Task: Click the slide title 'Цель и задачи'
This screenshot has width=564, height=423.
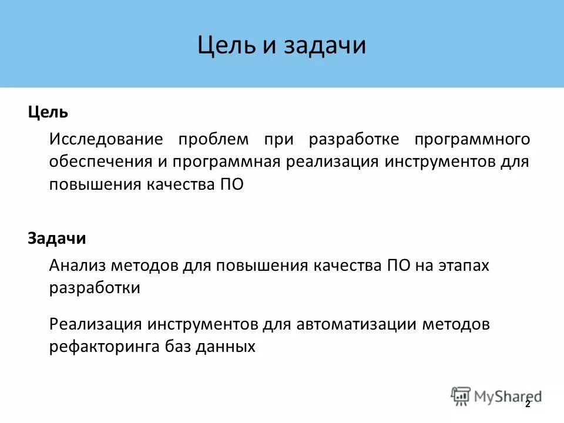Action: (281, 46)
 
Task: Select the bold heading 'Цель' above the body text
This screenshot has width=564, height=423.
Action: (48, 112)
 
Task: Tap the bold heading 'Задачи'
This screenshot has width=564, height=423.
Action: (56, 239)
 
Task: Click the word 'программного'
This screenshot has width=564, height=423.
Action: (472, 140)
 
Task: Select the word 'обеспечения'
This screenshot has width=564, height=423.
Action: (102, 162)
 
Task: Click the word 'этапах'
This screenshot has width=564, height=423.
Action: (462, 266)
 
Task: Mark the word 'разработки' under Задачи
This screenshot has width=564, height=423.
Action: (95, 288)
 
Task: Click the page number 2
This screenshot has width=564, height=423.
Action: (527, 404)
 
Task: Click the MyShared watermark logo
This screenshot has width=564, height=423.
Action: (496, 396)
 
